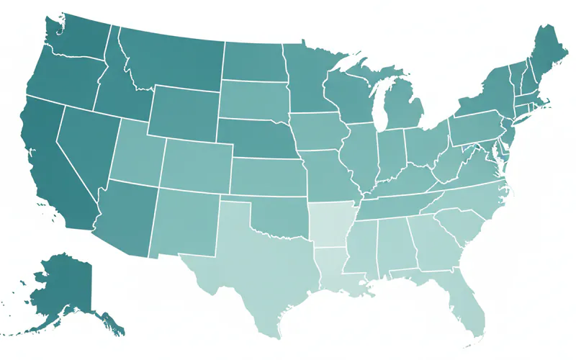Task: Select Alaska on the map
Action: pyautogui.click(x=68, y=288)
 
